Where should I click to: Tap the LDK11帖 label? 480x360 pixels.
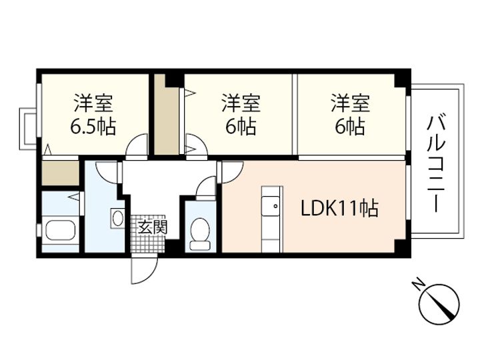[339, 209]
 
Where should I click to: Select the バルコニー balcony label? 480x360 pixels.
[437, 164]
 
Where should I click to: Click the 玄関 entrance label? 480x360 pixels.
[153, 227]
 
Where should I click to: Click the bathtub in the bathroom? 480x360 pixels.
[60, 231]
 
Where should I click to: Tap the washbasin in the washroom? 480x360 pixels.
[117, 218]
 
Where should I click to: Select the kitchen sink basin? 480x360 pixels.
[271, 206]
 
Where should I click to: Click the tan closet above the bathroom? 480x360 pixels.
[60, 173]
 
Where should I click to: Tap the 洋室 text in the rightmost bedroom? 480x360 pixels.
[350, 103]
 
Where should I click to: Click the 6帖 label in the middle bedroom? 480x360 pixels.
[241, 127]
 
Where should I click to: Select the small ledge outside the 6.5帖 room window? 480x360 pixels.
[27, 129]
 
